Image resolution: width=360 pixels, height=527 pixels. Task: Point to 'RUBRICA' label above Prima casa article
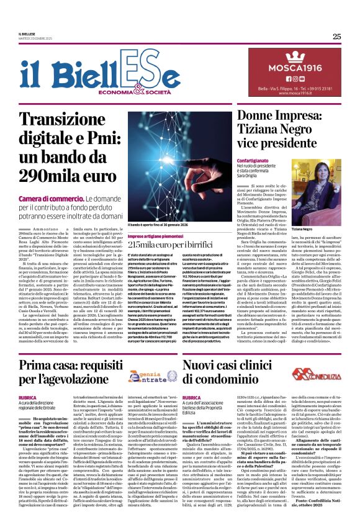pos(28,397)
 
